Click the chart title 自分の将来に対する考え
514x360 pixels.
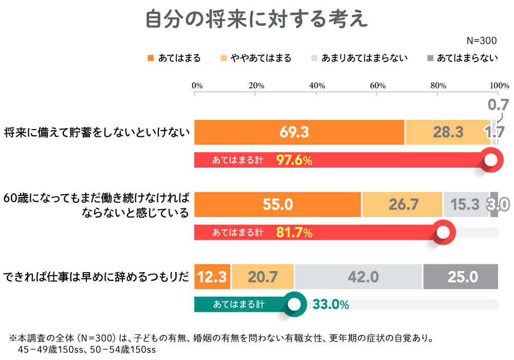256,19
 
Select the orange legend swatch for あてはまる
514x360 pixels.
151,58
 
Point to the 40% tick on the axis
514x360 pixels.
317,85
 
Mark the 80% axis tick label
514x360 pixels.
438,85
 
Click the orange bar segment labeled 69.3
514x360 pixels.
299,133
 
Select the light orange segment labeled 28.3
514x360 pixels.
448,133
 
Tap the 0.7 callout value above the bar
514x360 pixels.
498,105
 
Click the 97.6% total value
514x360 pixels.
294,160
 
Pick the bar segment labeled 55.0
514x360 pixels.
278,205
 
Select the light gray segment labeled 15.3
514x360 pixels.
466,205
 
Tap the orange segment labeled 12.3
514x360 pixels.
212,277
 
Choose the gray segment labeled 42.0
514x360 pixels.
358,277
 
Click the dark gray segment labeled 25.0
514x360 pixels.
461,277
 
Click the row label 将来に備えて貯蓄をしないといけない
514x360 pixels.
97,133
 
